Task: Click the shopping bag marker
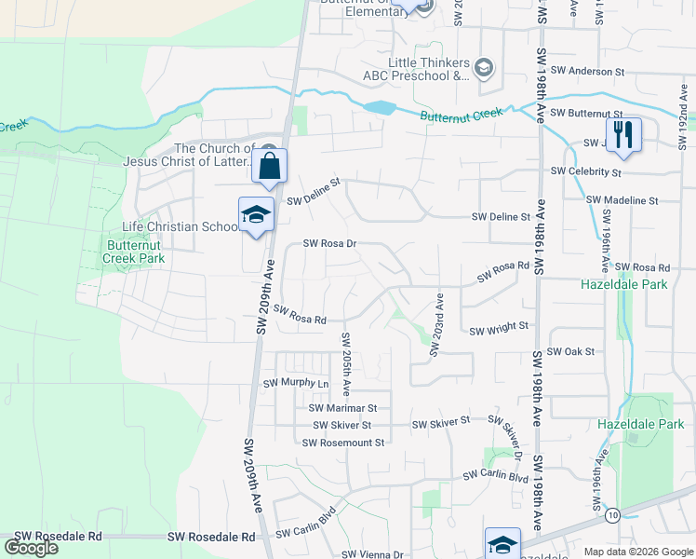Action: [x=269, y=167]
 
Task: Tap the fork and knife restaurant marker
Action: [x=624, y=134]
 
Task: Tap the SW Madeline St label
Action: [x=622, y=200]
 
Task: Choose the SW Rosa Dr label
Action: [x=330, y=244]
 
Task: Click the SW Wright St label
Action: [x=499, y=329]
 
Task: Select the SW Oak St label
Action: [x=570, y=352]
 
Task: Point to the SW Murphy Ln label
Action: [x=296, y=384]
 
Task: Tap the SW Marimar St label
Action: [x=342, y=408]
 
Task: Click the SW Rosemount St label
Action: [x=342, y=443]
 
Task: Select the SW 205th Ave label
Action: [x=345, y=360]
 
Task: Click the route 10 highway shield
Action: [x=612, y=514]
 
